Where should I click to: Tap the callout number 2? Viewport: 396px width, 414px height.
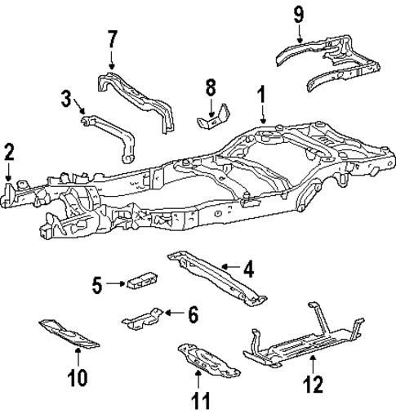(9, 151)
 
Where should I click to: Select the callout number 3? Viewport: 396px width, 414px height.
(66, 100)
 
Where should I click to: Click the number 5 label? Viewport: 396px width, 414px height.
(97, 284)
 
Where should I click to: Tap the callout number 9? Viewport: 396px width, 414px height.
(299, 14)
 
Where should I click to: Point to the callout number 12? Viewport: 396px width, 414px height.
(314, 382)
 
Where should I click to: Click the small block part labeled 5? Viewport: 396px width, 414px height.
(140, 279)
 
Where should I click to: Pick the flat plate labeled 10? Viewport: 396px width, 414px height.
(69, 333)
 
